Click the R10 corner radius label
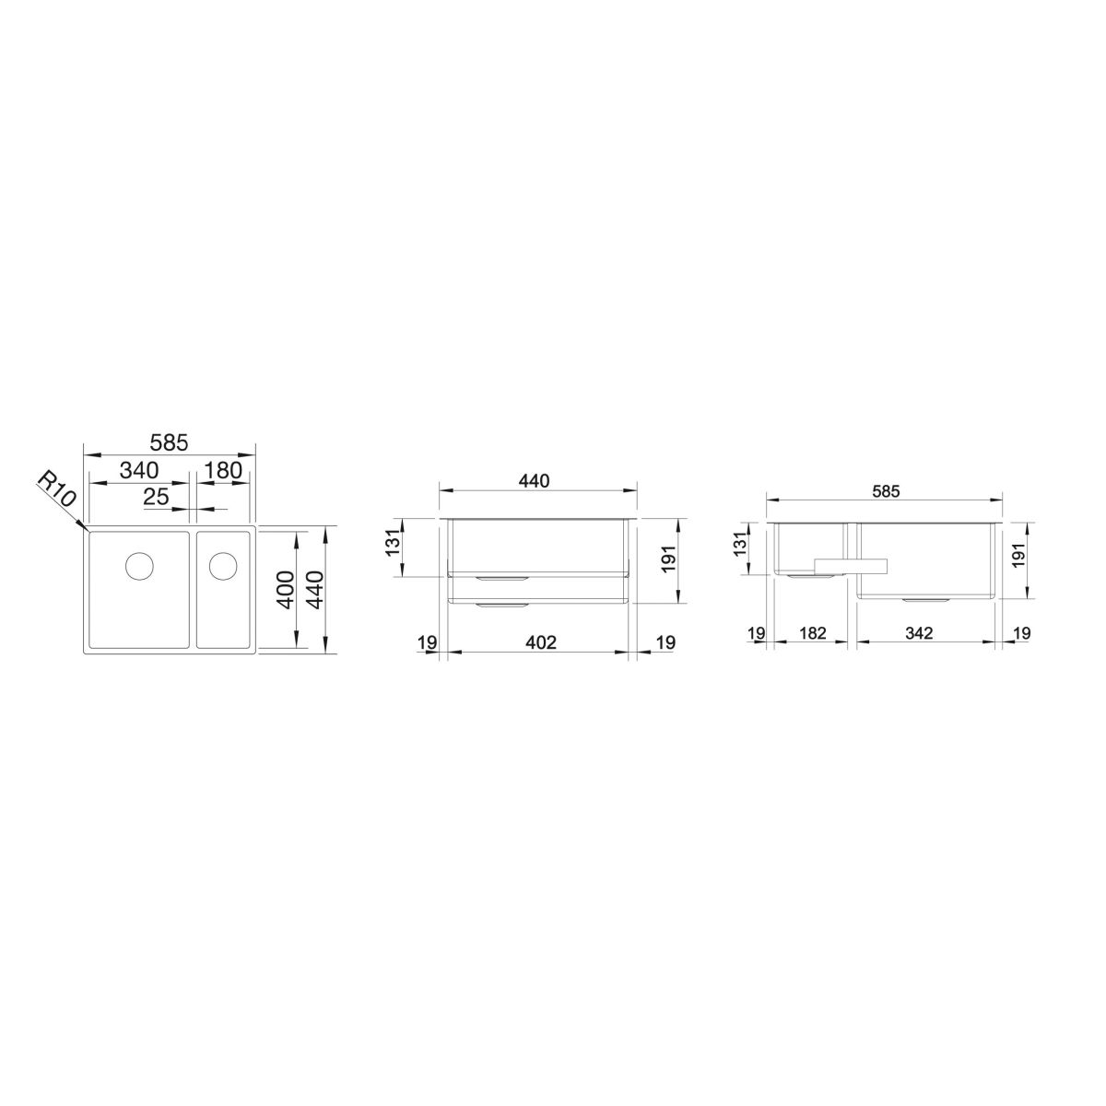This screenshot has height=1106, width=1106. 55,488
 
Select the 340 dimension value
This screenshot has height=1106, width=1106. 139,470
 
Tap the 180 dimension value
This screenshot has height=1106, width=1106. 223,470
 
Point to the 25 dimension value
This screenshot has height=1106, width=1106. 156,497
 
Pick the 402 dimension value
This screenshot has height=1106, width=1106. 541,642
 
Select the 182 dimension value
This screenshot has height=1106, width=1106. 813,633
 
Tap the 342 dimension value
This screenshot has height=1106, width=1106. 919,633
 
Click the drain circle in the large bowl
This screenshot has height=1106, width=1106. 139,565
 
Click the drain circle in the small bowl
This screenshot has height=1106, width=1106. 223,565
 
